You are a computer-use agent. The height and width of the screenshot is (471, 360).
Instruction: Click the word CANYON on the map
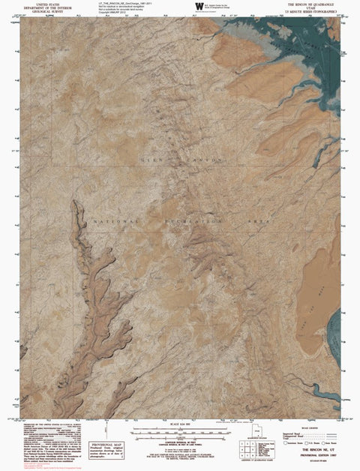203,160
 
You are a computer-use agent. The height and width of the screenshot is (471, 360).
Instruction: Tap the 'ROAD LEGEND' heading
316,428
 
